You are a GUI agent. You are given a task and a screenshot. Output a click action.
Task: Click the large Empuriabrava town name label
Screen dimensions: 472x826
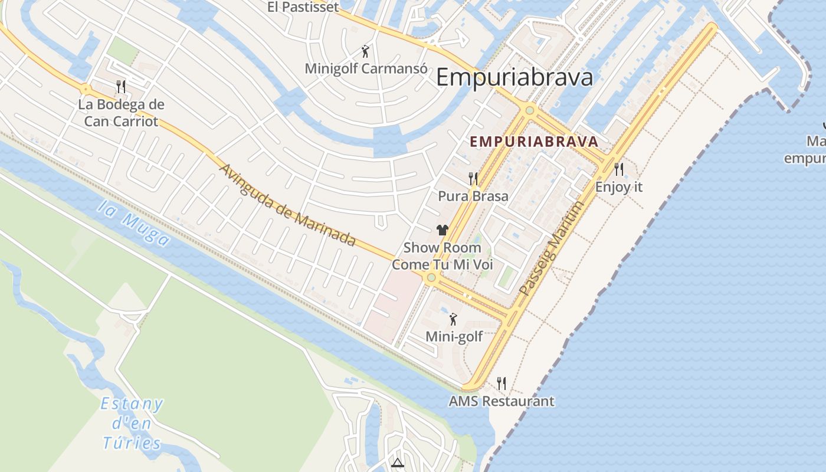tap(514, 78)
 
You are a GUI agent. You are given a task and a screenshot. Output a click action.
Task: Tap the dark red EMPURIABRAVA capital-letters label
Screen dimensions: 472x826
tap(534, 142)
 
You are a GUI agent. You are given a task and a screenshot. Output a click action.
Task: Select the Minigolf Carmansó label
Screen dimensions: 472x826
tap(366, 68)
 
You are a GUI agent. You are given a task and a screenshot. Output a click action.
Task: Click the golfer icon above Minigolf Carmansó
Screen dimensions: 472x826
tap(366, 51)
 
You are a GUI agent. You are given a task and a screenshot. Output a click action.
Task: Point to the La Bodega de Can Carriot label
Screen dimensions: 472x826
tap(121, 113)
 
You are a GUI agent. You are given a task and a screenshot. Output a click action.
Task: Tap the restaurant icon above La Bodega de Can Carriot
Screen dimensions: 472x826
tap(121, 87)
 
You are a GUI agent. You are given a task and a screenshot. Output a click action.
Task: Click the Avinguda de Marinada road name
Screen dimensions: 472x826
tap(288, 205)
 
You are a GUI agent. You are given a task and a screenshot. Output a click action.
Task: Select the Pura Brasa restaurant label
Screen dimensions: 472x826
tap(473, 196)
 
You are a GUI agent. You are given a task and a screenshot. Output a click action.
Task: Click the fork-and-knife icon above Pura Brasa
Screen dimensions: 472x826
tap(473, 178)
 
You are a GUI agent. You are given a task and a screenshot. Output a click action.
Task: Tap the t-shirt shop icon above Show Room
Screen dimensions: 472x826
tap(442, 230)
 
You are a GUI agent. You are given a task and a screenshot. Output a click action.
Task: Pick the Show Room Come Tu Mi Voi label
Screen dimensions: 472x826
tap(442, 256)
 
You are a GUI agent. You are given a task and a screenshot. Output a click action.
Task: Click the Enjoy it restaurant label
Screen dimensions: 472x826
tap(619, 187)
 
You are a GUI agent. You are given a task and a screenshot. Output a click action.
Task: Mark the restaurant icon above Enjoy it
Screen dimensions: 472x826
tap(618, 169)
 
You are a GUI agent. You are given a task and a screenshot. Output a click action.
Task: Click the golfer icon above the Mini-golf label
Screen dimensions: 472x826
tap(453, 319)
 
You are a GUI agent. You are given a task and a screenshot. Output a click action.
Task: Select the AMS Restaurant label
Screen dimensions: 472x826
tap(501, 402)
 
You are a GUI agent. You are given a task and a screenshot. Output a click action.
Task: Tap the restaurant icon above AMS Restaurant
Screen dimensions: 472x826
tap(501, 383)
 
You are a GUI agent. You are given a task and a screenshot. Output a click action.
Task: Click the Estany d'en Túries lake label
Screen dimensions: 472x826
tap(132, 424)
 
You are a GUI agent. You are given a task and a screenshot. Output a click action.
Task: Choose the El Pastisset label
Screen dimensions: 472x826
tap(303, 7)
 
